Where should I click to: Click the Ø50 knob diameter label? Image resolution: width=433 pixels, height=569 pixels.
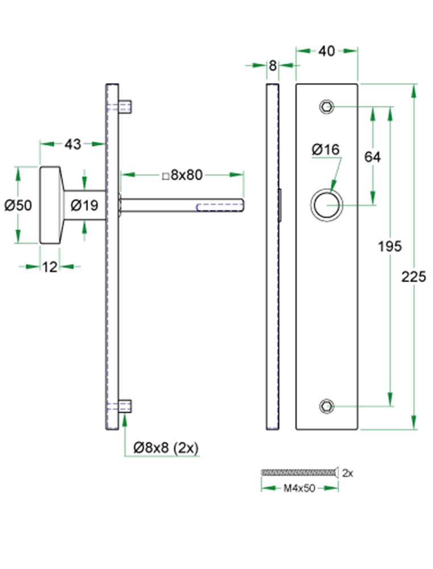pyautogui.click(x=18, y=205)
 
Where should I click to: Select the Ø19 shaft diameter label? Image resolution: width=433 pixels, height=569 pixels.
pyautogui.click(x=85, y=205)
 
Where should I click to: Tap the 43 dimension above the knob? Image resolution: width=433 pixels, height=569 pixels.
pyautogui.click(x=73, y=144)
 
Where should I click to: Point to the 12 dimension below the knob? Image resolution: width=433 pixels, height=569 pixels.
pyautogui.click(x=49, y=267)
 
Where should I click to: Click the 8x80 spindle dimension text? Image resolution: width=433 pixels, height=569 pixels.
pyautogui.click(x=182, y=175)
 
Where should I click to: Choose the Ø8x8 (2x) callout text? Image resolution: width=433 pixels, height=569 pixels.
pyautogui.click(x=166, y=448)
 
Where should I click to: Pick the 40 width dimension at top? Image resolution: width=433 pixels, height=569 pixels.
pyautogui.click(x=327, y=51)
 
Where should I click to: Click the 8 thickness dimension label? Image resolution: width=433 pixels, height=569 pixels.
pyautogui.click(x=273, y=65)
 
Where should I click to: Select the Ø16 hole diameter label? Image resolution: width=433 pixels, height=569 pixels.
pyautogui.click(x=326, y=150)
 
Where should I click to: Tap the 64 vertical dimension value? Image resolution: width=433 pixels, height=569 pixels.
pyautogui.click(x=372, y=157)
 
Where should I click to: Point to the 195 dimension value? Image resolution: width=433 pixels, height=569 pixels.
pyautogui.click(x=390, y=246)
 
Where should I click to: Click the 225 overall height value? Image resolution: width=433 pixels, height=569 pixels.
pyautogui.click(x=414, y=277)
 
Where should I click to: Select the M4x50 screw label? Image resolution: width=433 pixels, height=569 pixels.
pyautogui.click(x=299, y=488)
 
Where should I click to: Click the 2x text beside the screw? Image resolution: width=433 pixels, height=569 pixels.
pyautogui.click(x=348, y=473)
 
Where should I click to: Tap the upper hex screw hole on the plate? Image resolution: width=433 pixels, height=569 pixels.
pyautogui.click(x=327, y=107)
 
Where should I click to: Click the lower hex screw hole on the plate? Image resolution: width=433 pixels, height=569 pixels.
pyautogui.click(x=327, y=406)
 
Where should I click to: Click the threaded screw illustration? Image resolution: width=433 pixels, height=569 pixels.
pyautogui.click(x=299, y=472)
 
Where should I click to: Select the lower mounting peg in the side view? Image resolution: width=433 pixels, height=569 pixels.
pyautogui.click(x=125, y=406)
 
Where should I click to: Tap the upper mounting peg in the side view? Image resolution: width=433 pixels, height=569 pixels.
pyautogui.click(x=125, y=107)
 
